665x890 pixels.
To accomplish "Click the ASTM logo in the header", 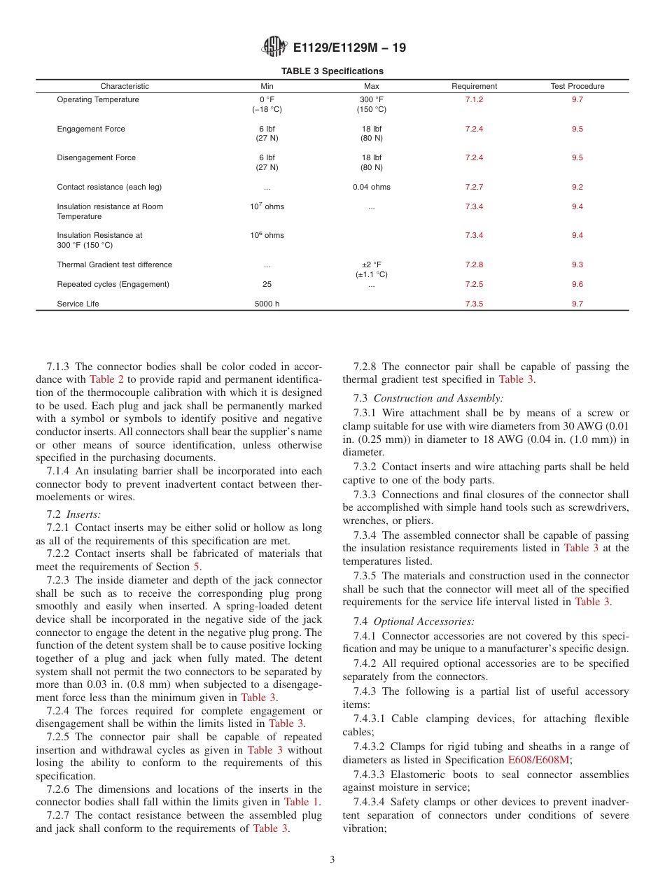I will click(274, 47).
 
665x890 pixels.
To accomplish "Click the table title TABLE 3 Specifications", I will click(332, 71).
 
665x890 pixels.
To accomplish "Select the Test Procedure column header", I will click(577, 86).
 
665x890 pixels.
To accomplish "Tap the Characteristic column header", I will click(125, 86).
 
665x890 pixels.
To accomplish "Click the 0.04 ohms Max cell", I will click(372, 188).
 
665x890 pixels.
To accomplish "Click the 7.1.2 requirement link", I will click(474, 100).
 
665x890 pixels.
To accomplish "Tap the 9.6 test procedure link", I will click(577, 285).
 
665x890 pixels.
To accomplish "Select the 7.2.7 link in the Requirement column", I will click(474, 188).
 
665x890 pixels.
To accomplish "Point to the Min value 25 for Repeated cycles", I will click(267, 285).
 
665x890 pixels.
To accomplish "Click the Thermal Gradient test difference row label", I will click(114, 265).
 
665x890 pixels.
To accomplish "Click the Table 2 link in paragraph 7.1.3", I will click(107, 379).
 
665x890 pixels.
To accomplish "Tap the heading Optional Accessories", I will click(423, 621).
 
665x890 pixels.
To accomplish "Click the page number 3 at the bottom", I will click(332, 860).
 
